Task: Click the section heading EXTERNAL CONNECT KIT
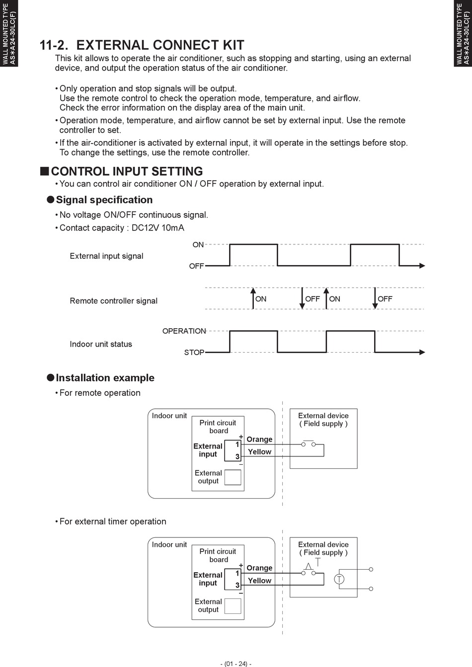click(160, 45)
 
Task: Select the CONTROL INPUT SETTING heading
click(127, 171)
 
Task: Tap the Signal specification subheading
click(104, 200)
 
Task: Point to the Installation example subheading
click(105, 377)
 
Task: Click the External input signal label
click(106, 256)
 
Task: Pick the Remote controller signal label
click(113, 300)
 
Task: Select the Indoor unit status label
click(101, 344)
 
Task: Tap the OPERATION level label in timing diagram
click(184, 331)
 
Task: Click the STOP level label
click(194, 352)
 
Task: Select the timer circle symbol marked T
click(339, 579)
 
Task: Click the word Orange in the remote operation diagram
click(259, 439)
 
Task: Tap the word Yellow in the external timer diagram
click(259, 580)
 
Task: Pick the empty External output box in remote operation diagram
click(233, 477)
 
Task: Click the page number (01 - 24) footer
click(236, 664)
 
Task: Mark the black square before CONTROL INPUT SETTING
click(44, 171)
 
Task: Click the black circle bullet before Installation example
click(50, 377)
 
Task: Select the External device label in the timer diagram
click(323, 544)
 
